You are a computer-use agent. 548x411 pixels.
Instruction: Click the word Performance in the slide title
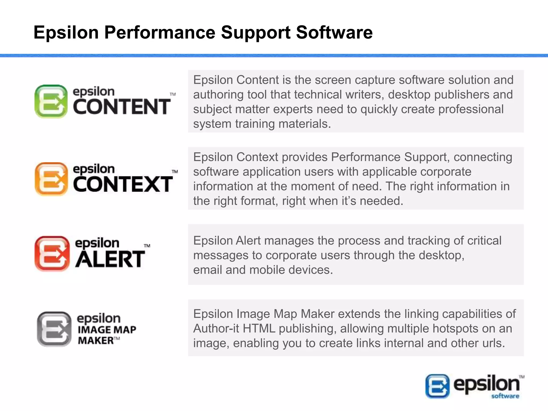click(159, 33)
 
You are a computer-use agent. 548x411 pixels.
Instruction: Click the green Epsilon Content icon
click(51, 101)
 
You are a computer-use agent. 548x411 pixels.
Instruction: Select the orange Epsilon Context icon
click(51, 179)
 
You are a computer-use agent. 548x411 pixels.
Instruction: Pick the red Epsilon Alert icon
click(52, 253)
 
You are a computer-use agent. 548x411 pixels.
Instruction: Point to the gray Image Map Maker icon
click(54, 329)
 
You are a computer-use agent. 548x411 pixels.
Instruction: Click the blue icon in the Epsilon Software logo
click(437, 386)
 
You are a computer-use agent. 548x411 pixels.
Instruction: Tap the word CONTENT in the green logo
click(121, 107)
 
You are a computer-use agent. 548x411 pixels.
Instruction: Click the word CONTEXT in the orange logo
click(123, 184)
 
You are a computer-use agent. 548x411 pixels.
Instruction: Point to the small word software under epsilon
click(505, 396)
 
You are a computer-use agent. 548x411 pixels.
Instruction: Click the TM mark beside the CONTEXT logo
click(174, 172)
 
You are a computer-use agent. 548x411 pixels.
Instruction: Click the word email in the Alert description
click(207, 270)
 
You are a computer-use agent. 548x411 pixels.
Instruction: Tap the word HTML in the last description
click(259, 329)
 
